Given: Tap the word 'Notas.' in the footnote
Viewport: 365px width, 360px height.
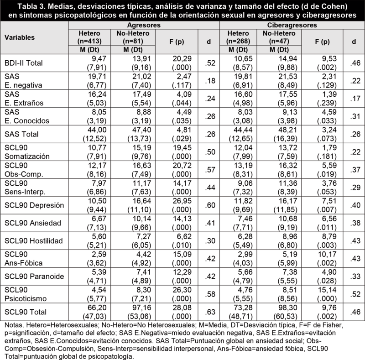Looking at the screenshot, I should (14, 325).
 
